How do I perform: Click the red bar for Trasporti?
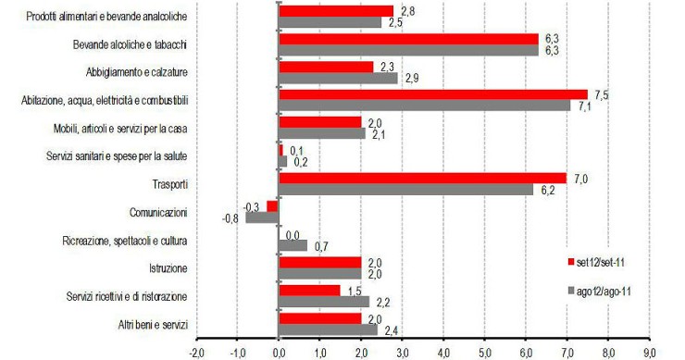coord(422,178)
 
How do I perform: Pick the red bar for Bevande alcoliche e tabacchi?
coord(408,39)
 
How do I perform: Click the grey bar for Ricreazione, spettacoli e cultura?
coord(293,245)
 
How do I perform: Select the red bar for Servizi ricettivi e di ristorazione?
coord(309,290)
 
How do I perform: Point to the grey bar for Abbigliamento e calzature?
coord(338,79)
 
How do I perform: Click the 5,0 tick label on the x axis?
coord(484,353)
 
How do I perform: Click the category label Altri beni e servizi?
coord(147,323)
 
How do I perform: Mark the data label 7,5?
coord(602,93)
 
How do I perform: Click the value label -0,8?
coord(232,220)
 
